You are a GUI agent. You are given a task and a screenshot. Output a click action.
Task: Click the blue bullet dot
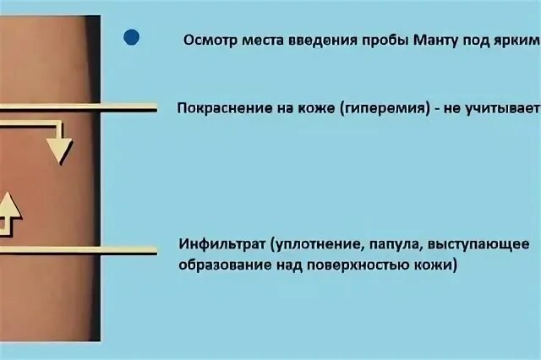pos(131,37)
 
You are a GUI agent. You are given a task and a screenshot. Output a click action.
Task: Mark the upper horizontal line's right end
pos(156,108)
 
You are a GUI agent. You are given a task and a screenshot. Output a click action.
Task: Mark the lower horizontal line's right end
pos(156,250)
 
